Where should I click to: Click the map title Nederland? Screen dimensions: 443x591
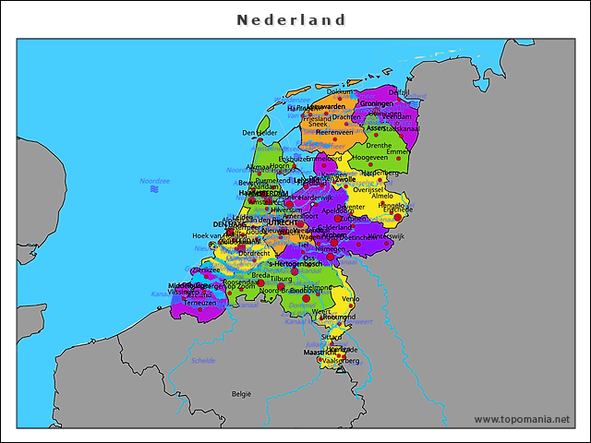pos(291,19)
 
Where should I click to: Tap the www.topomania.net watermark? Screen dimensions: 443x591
pos(522,419)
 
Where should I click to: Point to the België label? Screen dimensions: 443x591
pos(241,393)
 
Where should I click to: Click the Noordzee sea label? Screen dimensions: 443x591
pos(154,182)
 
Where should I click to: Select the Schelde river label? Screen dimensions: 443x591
pos(203,361)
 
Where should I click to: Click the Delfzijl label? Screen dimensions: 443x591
pos(399,92)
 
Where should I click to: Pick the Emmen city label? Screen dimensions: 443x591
pos(400,151)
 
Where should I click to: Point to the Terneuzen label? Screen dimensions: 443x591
pos(199,302)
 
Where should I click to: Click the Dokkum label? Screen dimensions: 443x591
pos(340,92)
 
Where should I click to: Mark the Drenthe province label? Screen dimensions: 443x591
pos(379,145)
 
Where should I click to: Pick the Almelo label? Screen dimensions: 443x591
pos(381,197)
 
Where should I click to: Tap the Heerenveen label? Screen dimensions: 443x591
pos(335,132)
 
